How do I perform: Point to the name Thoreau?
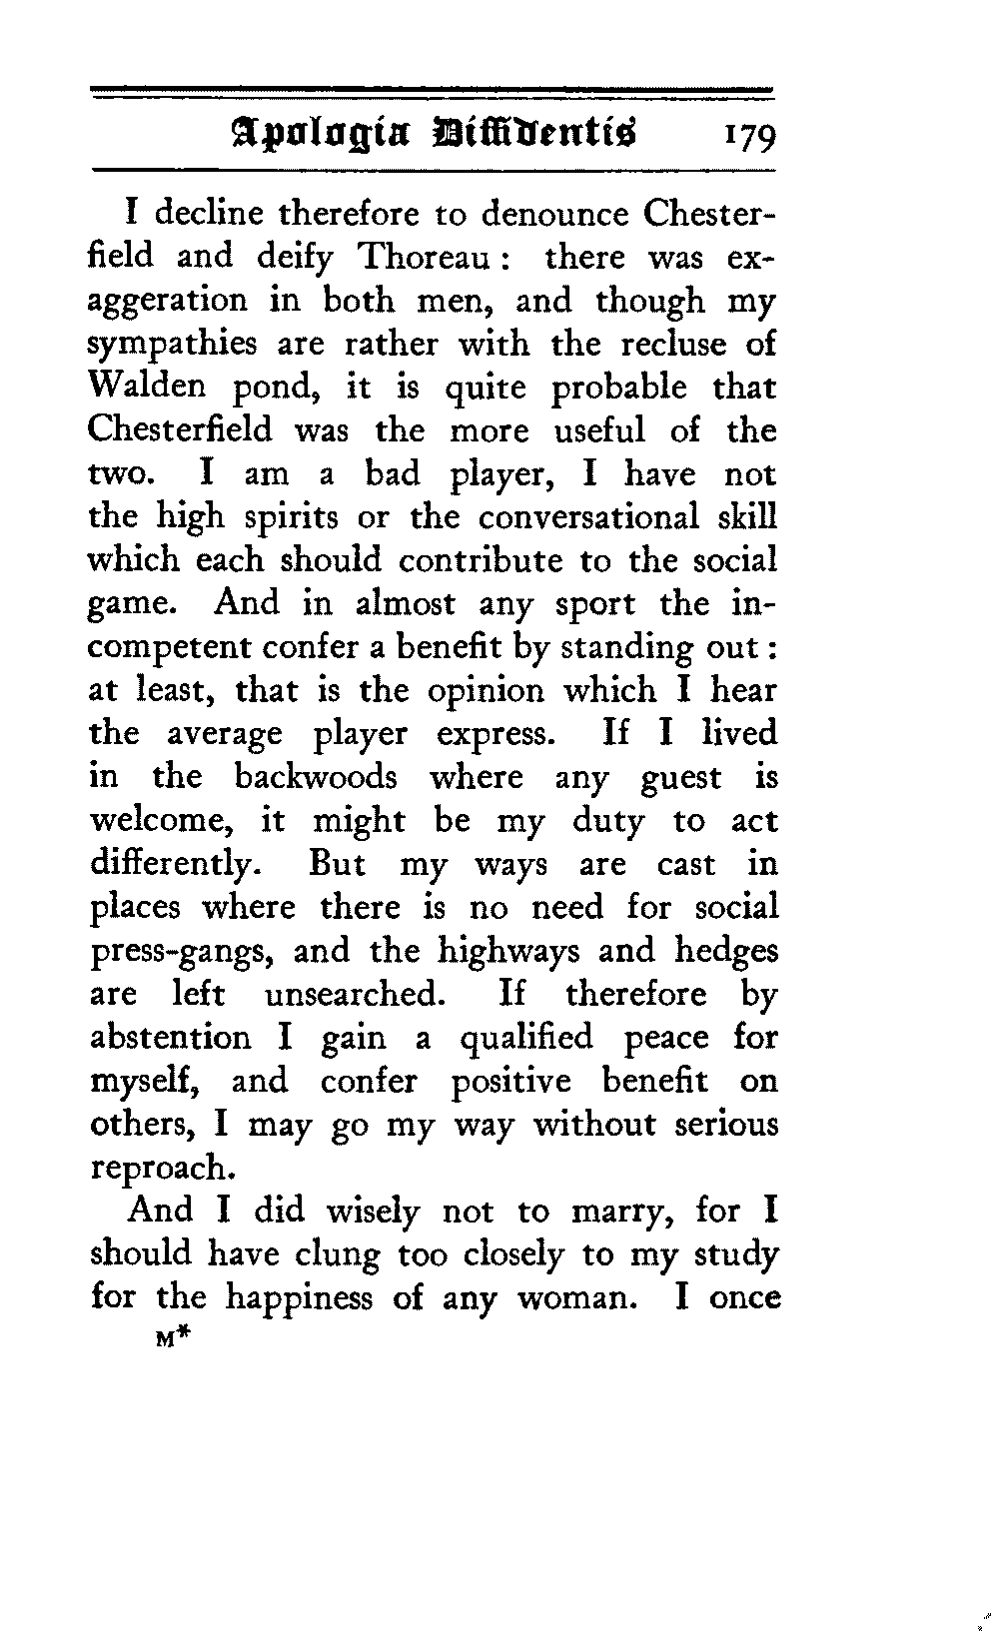click(x=423, y=258)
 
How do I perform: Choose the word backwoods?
click(x=316, y=777)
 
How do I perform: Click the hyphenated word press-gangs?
click(x=182, y=952)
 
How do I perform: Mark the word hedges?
click(x=725, y=952)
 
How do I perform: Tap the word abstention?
click(x=171, y=1038)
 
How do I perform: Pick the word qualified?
click(x=526, y=1040)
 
